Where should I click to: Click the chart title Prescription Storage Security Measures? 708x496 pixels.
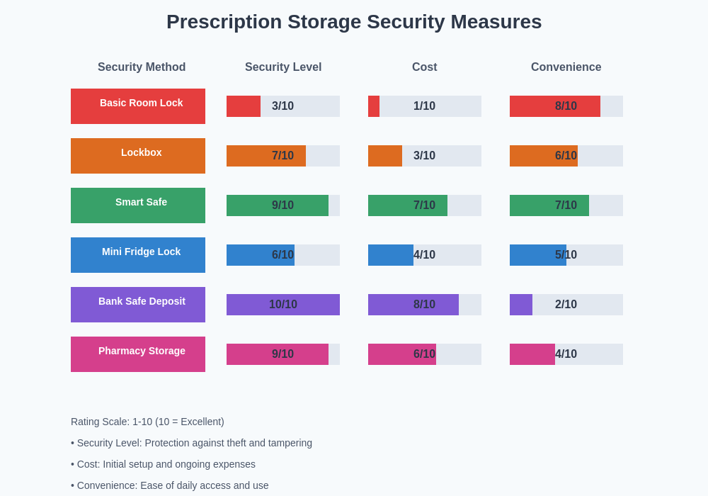(354, 22)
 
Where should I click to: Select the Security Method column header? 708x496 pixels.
(142, 67)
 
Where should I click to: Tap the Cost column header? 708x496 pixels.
(425, 67)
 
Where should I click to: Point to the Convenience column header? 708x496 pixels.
(566, 67)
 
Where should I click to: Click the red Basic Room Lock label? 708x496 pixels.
(138, 106)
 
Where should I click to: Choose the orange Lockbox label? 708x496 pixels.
(138, 156)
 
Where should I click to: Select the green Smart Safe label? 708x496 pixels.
(138, 205)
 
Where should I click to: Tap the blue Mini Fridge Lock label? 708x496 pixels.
(138, 255)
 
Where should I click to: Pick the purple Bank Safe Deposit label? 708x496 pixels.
(138, 305)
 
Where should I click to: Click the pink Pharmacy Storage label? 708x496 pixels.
(138, 354)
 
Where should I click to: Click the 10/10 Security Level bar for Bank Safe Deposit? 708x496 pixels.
(283, 305)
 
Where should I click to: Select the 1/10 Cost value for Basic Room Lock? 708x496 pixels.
(425, 106)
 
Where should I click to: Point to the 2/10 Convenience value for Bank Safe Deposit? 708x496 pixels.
(566, 305)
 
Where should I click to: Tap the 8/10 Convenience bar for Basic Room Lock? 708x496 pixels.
(555, 106)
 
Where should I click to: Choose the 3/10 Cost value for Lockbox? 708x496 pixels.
(425, 156)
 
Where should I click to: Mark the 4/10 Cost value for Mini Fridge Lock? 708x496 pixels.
(425, 255)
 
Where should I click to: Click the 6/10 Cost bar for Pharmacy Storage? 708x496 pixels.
(402, 354)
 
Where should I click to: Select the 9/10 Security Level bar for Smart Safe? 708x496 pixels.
(278, 205)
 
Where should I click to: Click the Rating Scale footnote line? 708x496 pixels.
(147, 422)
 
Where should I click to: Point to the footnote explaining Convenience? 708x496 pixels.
(170, 485)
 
